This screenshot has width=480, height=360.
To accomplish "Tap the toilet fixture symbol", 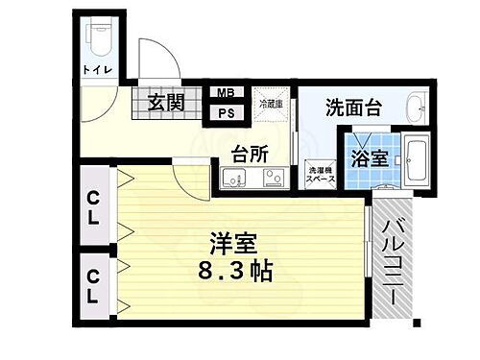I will [99, 37].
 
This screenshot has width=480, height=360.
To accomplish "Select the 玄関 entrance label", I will [165, 101].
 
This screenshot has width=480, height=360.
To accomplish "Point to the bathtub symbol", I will [416, 161].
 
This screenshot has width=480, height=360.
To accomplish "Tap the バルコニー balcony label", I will [394, 257].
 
